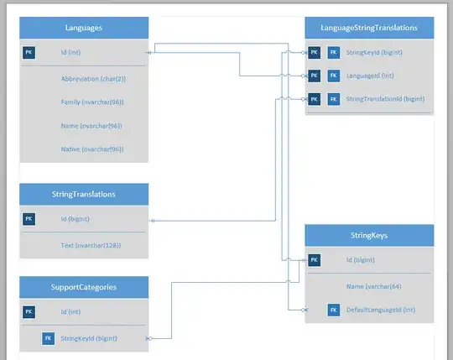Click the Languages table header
tap(84, 28)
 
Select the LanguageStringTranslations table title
tap(369, 28)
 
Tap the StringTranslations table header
tap(84, 194)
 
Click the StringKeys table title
tap(369, 236)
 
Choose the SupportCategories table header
tap(84, 286)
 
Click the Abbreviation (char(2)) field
tap(93, 78)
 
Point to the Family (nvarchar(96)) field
tap(92, 102)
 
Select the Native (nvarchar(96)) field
tap(92, 149)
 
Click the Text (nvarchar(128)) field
tap(91, 245)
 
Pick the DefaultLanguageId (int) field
tap(381, 310)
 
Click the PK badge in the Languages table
tap(29, 52)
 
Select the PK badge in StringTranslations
tap(29, 219)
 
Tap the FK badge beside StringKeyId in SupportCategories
tap(49, 339)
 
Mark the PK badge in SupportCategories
tap(29, 311)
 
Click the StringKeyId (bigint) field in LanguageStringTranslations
tap(374, 52)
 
